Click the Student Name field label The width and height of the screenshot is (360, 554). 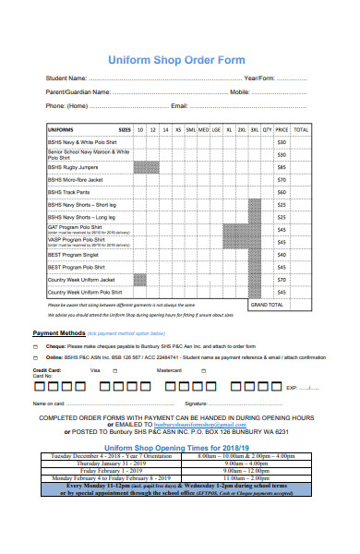[66, 78]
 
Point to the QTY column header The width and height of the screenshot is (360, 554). [267, 130]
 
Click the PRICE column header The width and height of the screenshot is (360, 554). [282, 130]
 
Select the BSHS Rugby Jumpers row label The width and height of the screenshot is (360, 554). [75, 167]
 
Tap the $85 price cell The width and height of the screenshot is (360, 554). [282, 167]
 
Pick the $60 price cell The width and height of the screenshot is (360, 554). [282, 192]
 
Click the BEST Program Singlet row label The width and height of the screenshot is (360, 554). [74, 254]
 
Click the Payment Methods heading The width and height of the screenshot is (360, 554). [59, 332]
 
